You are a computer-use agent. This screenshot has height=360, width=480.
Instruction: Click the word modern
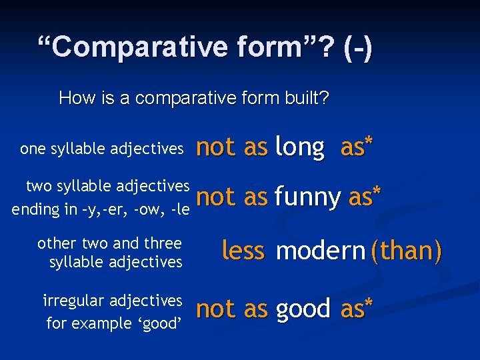320,251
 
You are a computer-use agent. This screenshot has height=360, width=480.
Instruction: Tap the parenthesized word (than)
406,251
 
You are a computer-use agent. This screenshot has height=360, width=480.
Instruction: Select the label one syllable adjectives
101,149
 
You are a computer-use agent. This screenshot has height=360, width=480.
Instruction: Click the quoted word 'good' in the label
158,324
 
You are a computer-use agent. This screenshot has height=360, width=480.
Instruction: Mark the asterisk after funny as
377,191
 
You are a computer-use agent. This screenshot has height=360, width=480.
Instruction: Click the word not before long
216,147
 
